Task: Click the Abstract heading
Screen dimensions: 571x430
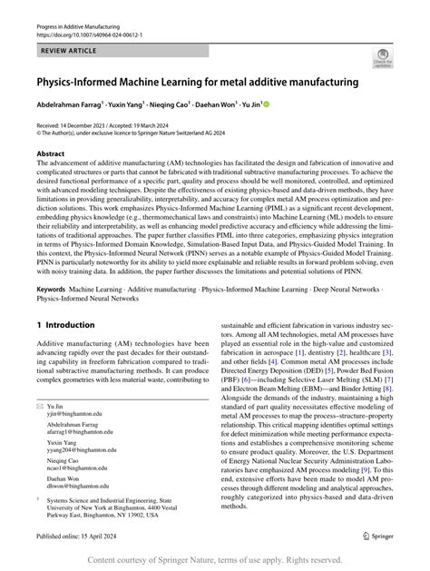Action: point(51,154)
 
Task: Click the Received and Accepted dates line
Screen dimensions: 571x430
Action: point(108,125)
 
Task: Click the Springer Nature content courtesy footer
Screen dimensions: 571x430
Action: point(215,560)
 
